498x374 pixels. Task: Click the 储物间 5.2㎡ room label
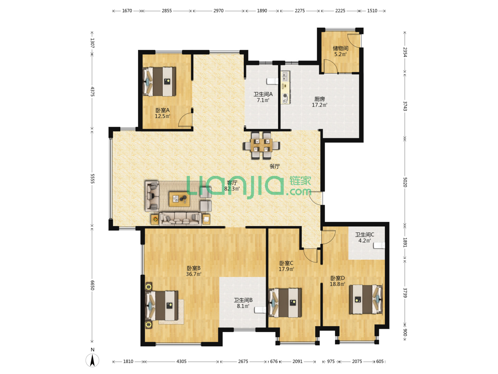[340, 51]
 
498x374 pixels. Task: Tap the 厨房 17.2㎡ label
[320, 102]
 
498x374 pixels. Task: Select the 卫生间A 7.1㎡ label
[263, 97]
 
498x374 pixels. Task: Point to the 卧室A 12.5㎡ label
[163, 113]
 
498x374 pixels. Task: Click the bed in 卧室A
[159, 81]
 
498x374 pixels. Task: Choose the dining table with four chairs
[261, 145]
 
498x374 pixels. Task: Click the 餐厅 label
[275, 166]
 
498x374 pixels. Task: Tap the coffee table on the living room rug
[179, 199]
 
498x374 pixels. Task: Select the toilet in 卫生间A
[273, 81]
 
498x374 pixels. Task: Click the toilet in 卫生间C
[379, 245]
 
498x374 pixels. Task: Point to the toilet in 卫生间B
[260, 310]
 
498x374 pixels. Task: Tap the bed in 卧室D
[366, 300]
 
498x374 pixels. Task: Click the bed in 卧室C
[285, 303]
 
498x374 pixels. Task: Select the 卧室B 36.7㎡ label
[194, 271]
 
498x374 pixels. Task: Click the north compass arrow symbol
[92, 360]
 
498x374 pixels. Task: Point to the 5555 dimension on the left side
[92, 179]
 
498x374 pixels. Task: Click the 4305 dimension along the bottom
[181, 361]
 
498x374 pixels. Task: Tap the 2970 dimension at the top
[218, 11]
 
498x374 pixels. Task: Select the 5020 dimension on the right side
[405, 182]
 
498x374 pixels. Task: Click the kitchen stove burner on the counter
[285, 96]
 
